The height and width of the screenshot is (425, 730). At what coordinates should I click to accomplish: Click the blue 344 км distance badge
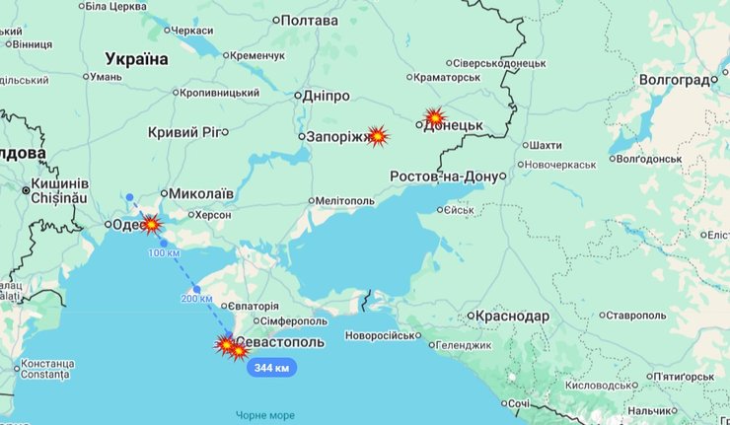coord(271,368)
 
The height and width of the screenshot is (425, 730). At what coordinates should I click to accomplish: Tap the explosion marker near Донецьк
coord(434,117)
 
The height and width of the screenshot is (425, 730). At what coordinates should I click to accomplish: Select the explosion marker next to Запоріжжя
coord(377,136)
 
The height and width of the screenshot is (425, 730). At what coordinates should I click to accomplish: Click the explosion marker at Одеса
coord(151,224)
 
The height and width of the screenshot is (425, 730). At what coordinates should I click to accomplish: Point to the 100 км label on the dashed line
coord(164,253)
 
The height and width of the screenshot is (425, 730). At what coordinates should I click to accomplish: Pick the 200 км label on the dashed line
coord(196,298)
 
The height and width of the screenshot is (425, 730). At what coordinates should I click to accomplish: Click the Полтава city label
coord(309,20)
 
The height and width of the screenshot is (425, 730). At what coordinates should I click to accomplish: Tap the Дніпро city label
coord(324,96)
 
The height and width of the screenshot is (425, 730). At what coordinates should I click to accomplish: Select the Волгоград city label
coord(675,79)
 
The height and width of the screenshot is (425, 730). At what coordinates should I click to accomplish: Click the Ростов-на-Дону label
coord(445,176)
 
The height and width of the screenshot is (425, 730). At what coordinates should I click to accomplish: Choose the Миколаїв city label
coord(201,194)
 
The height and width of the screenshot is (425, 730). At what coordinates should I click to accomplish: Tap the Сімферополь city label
coord(295,321)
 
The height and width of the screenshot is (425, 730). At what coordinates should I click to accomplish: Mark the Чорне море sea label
coord(265,414)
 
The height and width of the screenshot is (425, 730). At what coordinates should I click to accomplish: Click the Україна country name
coord(137,59)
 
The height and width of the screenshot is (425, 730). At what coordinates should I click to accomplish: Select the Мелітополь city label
coord(344,200)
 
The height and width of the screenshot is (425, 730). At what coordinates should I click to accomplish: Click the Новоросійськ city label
coord(380,335)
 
